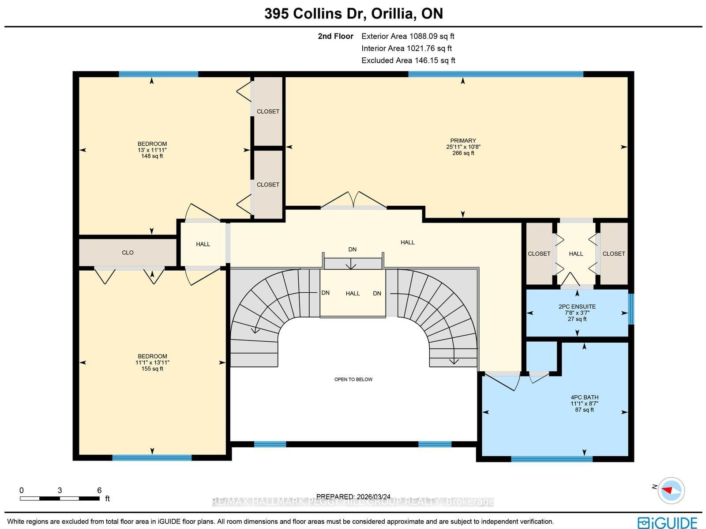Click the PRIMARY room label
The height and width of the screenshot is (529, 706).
pos(463,140)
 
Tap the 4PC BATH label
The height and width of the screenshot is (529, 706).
pos(584,397)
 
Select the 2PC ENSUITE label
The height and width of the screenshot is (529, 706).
pos(577,306)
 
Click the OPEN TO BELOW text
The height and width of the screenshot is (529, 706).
pos(353,379)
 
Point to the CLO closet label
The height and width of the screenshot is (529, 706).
pos(128,253)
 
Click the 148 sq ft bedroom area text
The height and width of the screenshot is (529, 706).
pos(152,156)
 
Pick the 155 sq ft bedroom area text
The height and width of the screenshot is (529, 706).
pos(152,368)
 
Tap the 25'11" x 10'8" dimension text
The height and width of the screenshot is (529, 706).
pos(463,147)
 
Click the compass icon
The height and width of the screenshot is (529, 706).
pos(671,490)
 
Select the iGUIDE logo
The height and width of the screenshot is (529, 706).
pos(668,522)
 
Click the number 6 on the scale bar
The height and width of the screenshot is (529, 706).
pos(99,490)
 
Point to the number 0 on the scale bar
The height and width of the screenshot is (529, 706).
pos(22,490)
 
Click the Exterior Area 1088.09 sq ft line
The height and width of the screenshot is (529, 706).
pos(408,36)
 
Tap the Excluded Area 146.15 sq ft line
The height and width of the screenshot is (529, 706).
pos(408,60)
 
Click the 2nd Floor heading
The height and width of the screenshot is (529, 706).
pos(335,36)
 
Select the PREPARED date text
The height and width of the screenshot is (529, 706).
pos(353,496)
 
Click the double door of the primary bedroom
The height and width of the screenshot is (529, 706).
pos(353,200)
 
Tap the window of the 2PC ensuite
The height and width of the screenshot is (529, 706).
pos(631,309)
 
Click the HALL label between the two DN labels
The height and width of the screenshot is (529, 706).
pos(353,294)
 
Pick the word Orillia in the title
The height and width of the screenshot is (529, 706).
pos(391,14)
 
